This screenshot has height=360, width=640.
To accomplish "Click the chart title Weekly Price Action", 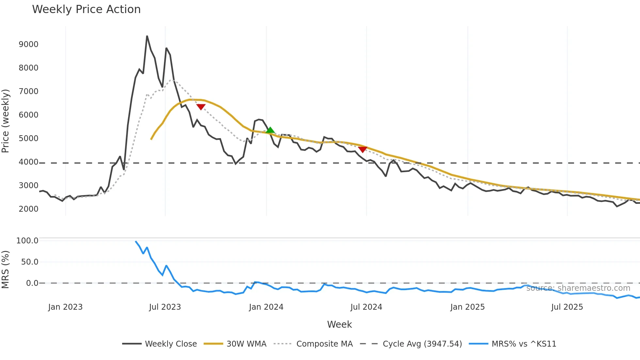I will (86, 9).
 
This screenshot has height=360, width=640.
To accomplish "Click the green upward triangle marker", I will (270, 130).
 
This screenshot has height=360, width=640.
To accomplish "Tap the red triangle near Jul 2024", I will (362, 150).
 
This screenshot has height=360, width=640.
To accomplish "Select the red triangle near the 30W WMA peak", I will (201, 107).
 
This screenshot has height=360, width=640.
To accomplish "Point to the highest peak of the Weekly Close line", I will (147, 36).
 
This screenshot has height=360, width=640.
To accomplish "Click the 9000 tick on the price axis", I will (28, 44).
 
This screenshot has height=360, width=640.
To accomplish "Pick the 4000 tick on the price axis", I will (28, 162).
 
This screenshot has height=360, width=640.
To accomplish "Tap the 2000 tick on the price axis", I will (28, 209).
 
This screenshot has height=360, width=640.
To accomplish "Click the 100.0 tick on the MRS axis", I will (27, 241).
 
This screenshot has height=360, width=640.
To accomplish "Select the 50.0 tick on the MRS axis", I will (29, 262).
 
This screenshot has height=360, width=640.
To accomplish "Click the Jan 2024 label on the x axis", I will (266, 307).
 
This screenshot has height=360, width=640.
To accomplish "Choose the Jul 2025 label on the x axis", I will (567, 307).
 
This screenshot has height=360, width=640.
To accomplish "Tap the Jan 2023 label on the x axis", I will (65, 307).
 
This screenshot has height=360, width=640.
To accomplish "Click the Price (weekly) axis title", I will (6, 121).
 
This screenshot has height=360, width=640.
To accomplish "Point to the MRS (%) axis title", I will (6, 270).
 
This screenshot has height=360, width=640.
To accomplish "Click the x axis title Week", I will (339, 324).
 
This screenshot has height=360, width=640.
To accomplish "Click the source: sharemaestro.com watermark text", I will (578, 288).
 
